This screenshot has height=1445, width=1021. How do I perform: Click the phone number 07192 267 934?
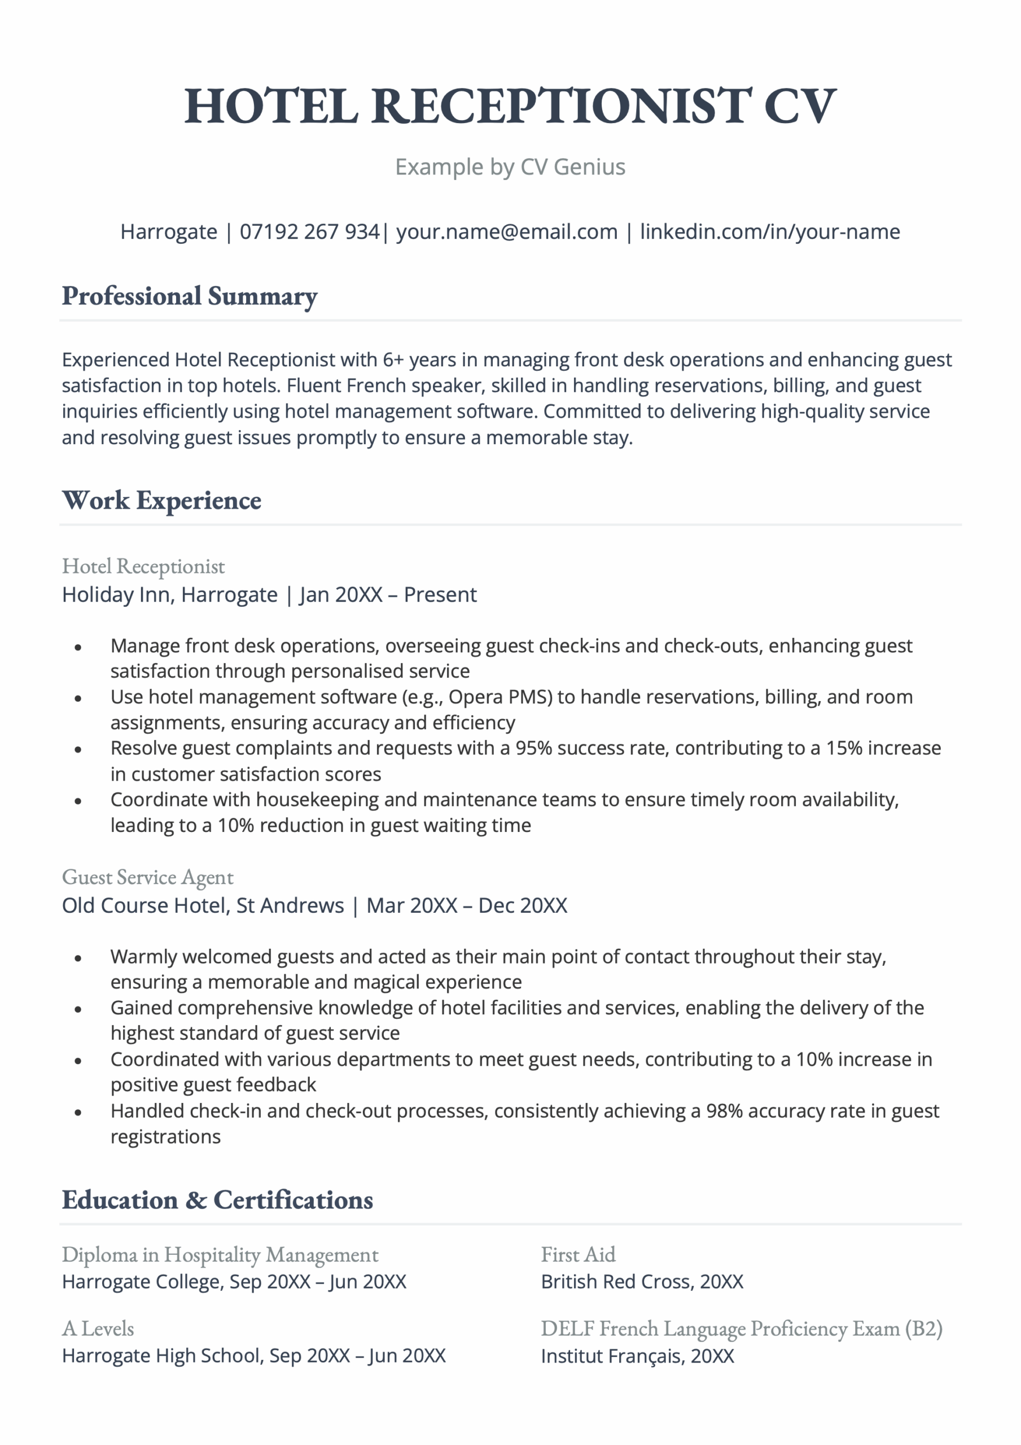point(309,231)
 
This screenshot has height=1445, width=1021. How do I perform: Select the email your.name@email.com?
point(506,231)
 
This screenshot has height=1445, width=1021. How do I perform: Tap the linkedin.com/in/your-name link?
point(769,231)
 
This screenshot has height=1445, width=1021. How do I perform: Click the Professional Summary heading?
point(190,296)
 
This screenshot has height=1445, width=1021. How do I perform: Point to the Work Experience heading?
point(162,500)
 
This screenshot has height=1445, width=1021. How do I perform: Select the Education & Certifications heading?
point(217,1200)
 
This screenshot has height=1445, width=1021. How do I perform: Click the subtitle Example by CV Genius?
point(510,167)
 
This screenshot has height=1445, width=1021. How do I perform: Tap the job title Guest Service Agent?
point(147,877)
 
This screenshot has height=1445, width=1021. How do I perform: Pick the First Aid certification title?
point(578,1255)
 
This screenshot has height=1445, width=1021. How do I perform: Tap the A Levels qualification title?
point(98,1329)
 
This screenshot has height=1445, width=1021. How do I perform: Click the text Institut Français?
point(611,1356)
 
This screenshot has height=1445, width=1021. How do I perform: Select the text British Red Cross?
point(617,1281)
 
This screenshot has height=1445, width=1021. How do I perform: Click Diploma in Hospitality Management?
point(220,1255)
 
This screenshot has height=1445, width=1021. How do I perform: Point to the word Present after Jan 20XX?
point(440,595)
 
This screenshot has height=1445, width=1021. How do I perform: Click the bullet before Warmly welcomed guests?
point(78,958)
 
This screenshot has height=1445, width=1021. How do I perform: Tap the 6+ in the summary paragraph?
point(393,360)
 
